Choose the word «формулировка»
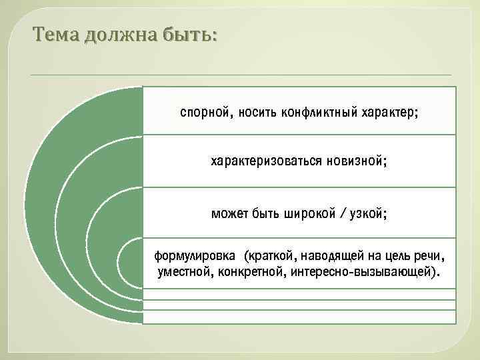pyautogui.click(x=195, y=256)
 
